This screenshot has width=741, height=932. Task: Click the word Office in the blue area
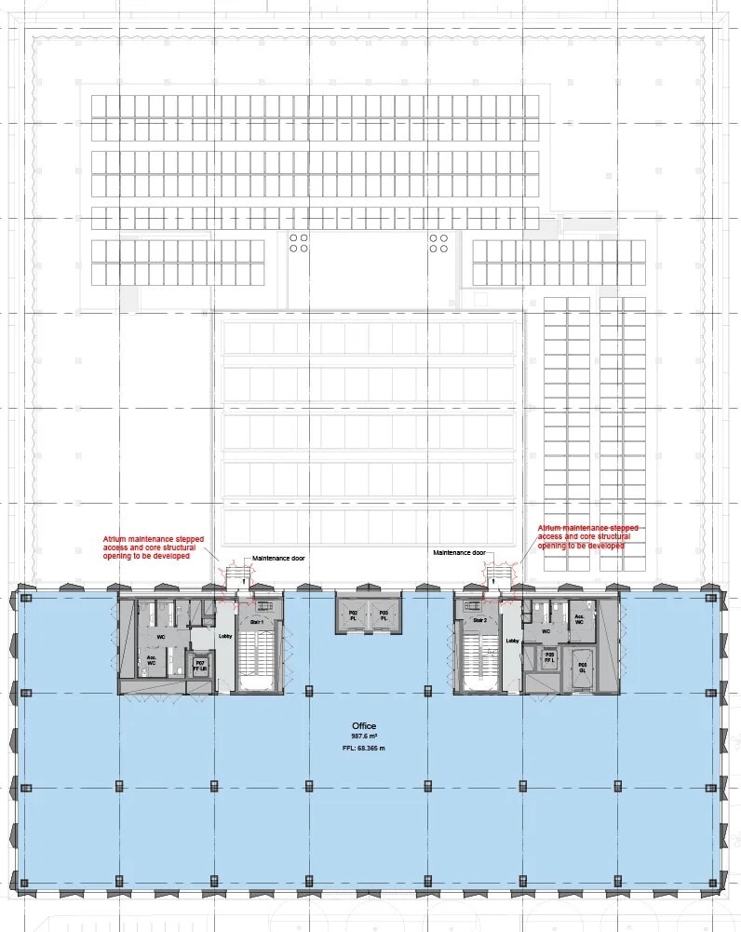click(x=363, y=725)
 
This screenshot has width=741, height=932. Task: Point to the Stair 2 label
click(x=480, y=620)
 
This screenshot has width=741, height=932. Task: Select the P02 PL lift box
click(x=353, y=615)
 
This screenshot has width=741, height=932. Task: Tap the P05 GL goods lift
click(x=582, y=667)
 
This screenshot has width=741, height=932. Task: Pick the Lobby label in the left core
click(x=224, y=638)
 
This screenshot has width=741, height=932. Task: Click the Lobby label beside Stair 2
click(x=512, y=641)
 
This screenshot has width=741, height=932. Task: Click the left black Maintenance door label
click(x=278, y=559)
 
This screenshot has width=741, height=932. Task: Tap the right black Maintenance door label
click(x=459, y=552)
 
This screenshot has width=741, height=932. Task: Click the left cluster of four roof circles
click(x=299, y=243)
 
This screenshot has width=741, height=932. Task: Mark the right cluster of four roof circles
click(x=438, y=243)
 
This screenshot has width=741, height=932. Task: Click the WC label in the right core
click(x=547, y=631)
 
